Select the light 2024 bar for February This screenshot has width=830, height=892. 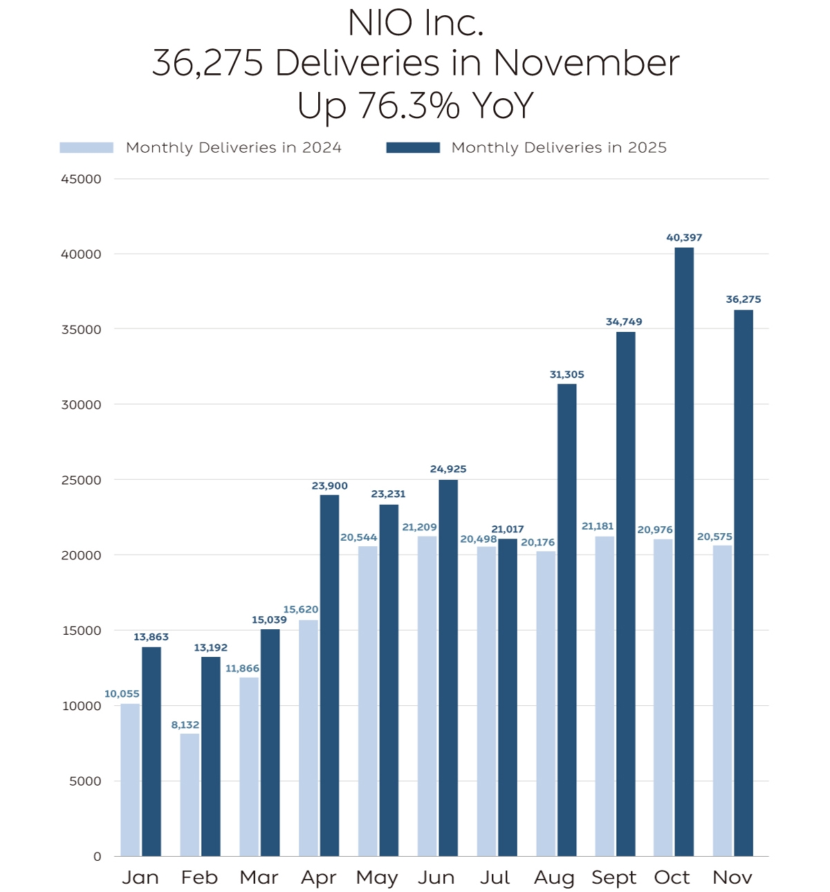pos(190,795)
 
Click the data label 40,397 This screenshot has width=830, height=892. pos(684,238)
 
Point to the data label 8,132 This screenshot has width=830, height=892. pos(185,725)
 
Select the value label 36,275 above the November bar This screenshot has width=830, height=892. pos(743,299)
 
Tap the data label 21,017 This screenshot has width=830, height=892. pos(508,529)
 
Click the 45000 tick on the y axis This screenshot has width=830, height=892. pos(81,179)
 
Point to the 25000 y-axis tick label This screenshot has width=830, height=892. pos(81,480)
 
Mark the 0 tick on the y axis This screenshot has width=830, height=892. pos(98,856)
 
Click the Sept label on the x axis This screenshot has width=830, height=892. pos(614,877)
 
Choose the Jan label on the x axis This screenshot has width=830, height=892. pos(140,877)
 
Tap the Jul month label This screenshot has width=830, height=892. pos(495,877)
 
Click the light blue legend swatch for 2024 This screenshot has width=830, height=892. pos(86,147)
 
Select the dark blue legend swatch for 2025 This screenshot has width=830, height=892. pos(413,147)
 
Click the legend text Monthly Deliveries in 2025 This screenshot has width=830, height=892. pos(559,147)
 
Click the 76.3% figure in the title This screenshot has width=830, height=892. pos(409,106)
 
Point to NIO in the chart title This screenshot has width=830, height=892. pos(380,23)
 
